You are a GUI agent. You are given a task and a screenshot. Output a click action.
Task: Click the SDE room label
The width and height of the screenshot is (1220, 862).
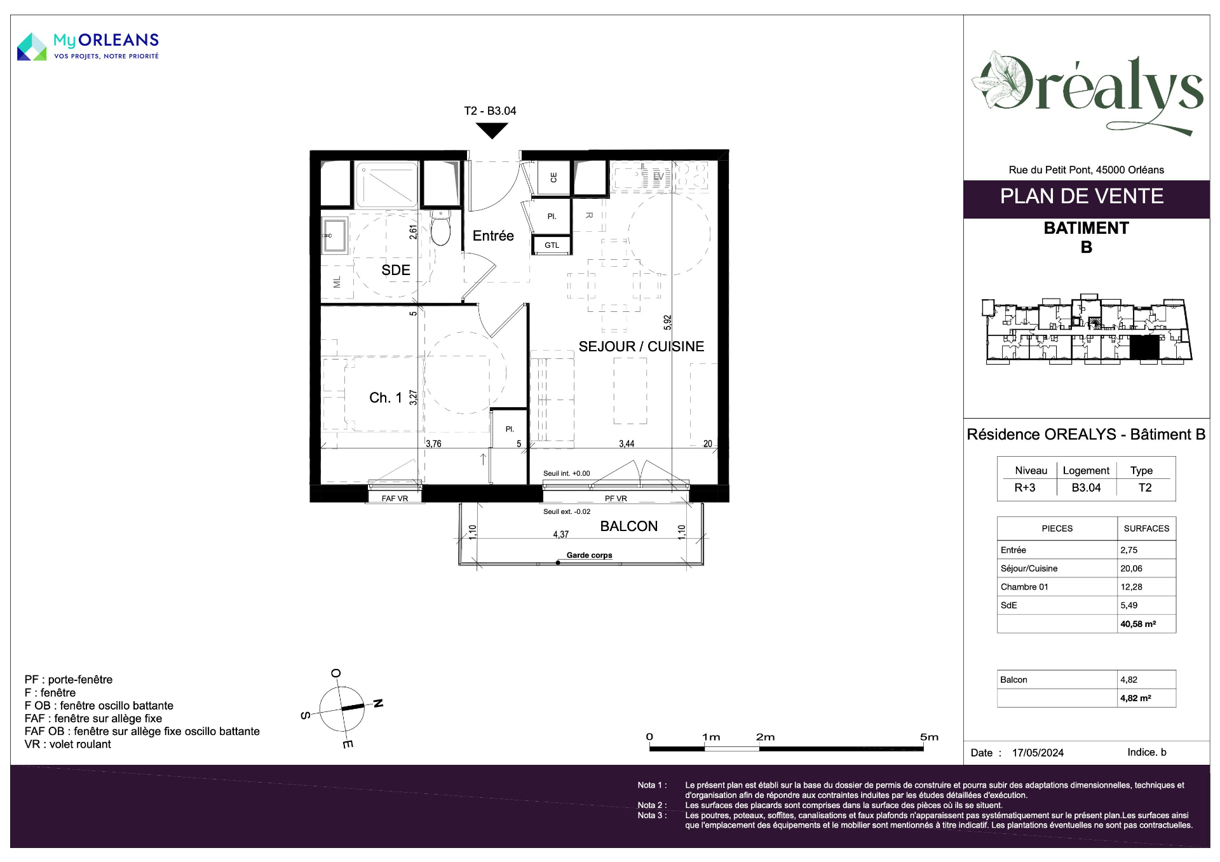[395, 270]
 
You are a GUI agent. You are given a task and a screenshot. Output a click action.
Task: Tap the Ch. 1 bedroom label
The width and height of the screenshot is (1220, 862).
[386, 398]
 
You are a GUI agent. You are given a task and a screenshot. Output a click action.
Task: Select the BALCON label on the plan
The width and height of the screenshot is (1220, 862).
[628, 526]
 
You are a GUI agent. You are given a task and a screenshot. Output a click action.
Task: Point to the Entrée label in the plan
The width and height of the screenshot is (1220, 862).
[493, 236]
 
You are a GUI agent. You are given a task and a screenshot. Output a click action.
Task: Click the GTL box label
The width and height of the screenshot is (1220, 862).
[552, 245]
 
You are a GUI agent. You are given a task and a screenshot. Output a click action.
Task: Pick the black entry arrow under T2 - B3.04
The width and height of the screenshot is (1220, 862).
[492, 131]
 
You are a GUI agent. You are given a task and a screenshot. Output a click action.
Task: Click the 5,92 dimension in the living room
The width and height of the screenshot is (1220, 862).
[667, 322]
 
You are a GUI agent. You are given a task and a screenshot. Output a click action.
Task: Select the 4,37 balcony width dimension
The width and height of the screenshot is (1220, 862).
[560, 534]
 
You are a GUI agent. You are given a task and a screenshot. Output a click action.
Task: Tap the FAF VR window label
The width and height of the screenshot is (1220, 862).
[395, 499]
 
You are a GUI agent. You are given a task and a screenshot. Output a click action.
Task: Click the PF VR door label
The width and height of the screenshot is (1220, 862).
[616, 499]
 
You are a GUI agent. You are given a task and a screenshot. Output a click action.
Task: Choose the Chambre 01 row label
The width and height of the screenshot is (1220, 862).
[1024, 587]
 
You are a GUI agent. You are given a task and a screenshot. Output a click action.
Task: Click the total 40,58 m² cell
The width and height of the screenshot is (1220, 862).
[1138, 624]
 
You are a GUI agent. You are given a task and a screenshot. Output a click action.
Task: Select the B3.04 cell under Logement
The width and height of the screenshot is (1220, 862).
[1086, 488]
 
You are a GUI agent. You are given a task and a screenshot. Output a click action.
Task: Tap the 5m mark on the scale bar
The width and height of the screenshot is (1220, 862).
[929, 737]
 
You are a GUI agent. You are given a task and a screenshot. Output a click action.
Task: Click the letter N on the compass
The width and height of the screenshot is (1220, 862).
[378, 703]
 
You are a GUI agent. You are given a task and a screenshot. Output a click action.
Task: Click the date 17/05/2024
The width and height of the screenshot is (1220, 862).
[1038, 753]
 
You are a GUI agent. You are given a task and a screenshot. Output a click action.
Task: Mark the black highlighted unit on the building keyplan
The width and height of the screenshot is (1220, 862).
[1144, 347]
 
